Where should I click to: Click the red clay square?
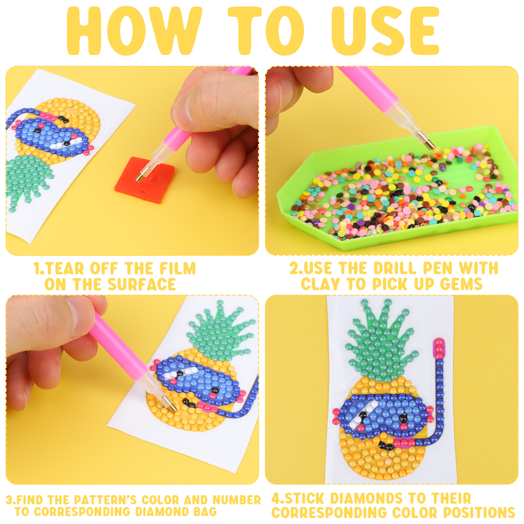pos(144,180)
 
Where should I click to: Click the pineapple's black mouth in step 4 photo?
pos(386,445)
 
